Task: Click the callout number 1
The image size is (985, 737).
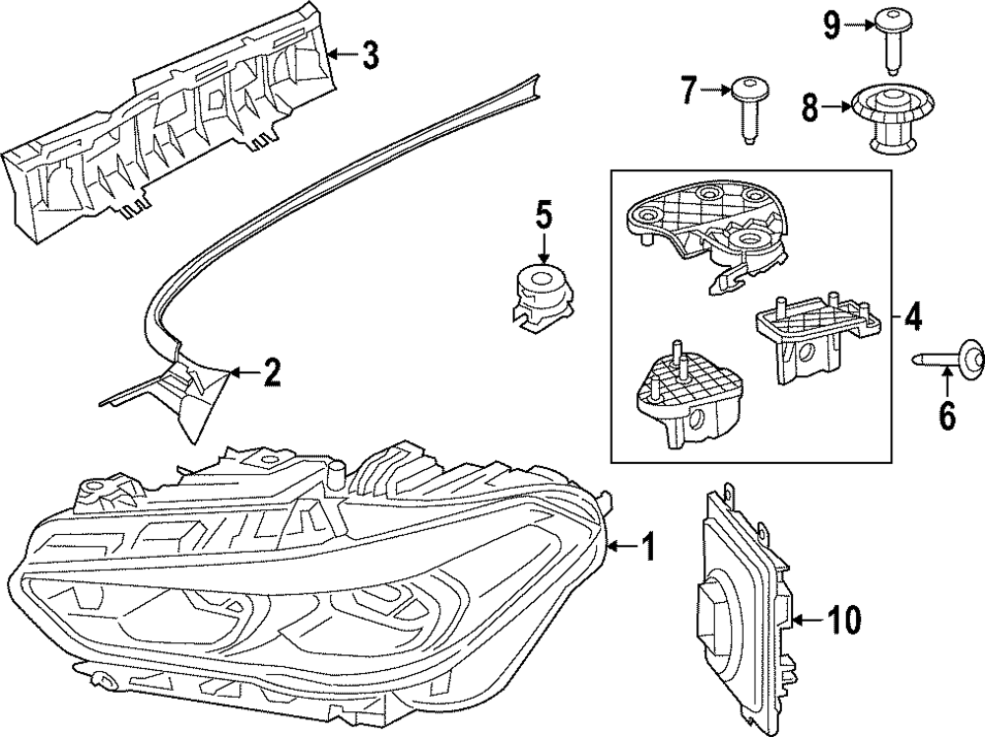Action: [x=647, y=545]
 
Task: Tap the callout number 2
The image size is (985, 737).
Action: [x=271, y=372]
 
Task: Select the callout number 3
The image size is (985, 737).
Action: [x=369, y=56]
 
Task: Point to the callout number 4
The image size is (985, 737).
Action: [x=913, y=317]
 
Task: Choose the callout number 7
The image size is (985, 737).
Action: [x=688, y=93]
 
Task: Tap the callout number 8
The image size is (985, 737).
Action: [x=810, y=107]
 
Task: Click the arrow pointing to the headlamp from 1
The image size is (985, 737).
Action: [x=624, y=545]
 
